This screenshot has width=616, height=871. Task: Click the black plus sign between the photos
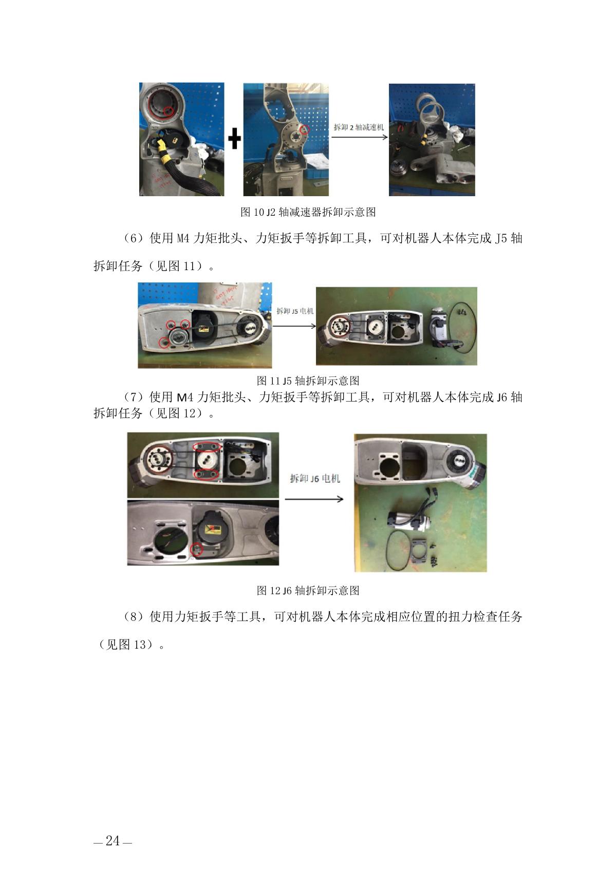pyautogui.click(x=234, y=139)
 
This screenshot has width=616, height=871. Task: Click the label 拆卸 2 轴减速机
pyautogui.click(x=359, y=127)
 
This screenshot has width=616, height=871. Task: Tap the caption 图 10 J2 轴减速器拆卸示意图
pyautogui.click(x=308, y=212)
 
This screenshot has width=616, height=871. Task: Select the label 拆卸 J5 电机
pyautogui.click(x=295, y=311)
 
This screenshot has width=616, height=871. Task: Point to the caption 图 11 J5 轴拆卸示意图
pyautogui.click(x=308, y=380)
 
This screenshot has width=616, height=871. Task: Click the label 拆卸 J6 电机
pyautogui.click(x=315, y=478)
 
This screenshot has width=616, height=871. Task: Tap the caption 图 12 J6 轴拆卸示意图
pyautogui.click(x=308, y=590)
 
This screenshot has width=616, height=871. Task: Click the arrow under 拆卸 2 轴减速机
pyautogui.click(x=359, y=137)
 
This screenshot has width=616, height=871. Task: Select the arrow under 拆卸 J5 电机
pyautogui.click(x=294, y=326)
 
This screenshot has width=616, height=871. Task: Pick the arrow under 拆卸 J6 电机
pyautogui.click(x=314, y=499)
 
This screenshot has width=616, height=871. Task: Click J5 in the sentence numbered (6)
pyautogui.click(x=501, y=238)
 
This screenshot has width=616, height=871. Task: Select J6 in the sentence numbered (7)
pyautogui.click(x=501, y=397)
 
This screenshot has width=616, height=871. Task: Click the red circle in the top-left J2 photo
pyautogui.click(x=168, y=111)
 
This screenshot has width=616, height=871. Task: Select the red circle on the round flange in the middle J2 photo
pyautogui.click(x=305, y=129)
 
